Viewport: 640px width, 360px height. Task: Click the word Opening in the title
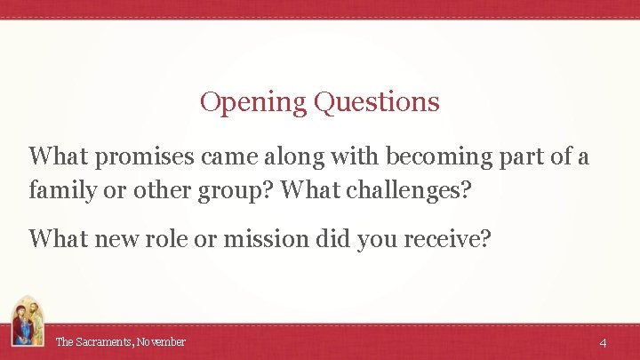(253, 102)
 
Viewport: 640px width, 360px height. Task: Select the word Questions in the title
(377, 102)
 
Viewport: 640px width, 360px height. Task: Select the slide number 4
(603, 342)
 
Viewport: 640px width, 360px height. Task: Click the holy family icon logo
(27, 322)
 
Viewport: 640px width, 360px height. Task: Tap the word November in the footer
(161, 341)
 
